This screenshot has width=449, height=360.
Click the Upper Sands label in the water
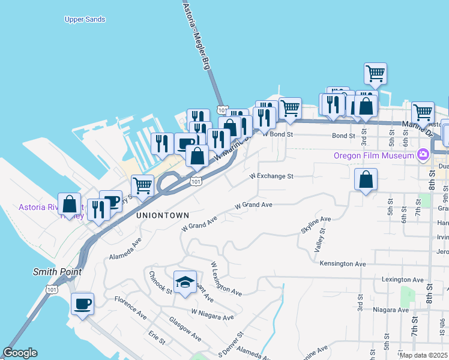point(85,19)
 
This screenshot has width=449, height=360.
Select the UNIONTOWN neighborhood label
point(162,215)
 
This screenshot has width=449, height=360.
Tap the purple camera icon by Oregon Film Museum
point(423,155)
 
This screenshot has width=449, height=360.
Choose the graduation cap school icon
point(185,282)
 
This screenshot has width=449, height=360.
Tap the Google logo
point(20,353)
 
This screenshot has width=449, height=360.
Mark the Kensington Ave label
point(344,264)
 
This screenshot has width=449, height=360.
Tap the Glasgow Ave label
point(185,329)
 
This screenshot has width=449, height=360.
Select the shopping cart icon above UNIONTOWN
point(142,185)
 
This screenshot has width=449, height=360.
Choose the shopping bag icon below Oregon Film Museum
point(366,179)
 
